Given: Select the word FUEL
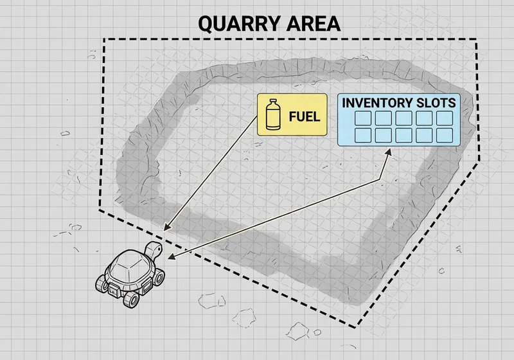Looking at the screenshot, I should [x=304, y=118].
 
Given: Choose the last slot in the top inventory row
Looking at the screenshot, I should [x=445, y=118].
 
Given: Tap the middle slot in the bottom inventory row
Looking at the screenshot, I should [x=403, y=134].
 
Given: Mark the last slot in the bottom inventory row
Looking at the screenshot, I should [x=445, y=134].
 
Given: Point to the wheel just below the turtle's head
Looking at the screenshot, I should [x=158, y=278].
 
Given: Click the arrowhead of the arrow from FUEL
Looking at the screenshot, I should [x=166, y=229].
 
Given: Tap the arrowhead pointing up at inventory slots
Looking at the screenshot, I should [x=389, y=152].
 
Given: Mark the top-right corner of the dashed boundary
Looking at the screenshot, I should [x=476, y=40].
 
